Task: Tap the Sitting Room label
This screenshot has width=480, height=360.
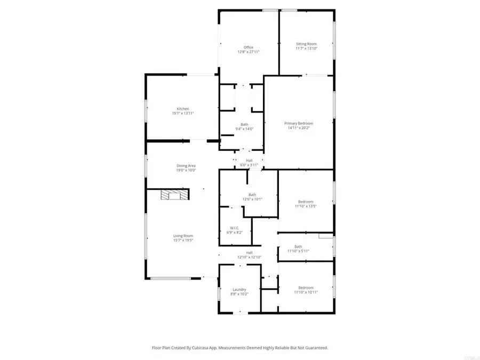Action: [x=306, y=44]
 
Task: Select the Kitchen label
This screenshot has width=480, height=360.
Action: [x=183, y=109]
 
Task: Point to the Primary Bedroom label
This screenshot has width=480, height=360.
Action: [x=298, y=123]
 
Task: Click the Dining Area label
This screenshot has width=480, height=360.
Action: [x=187, y=166]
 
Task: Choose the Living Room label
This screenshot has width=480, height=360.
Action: [x=183, y=236]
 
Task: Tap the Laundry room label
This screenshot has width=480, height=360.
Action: [x=239, y=290]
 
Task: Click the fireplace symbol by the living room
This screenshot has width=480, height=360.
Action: [x=175, y=195]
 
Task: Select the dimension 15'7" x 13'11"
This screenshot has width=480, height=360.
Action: [x=183, y=114]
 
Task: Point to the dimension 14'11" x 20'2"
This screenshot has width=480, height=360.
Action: [x=298, y=128]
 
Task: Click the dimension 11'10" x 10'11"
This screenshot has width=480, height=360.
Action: [x=306, y=292]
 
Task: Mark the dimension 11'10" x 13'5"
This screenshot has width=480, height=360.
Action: [x=306, y=206]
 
